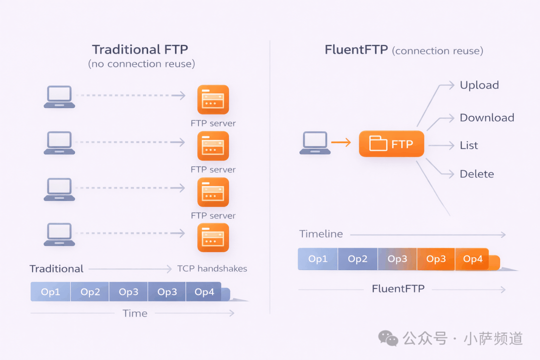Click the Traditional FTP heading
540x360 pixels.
(140, 49)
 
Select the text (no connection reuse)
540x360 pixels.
(141, 63)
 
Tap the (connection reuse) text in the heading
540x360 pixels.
(437, 51)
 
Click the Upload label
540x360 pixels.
(479, 85)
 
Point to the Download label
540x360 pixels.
(487, 117)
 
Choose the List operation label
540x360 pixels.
(468, 145)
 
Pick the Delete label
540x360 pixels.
(476, 174)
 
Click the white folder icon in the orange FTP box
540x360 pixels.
(378, 143)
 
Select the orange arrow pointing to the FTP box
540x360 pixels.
(341, 142)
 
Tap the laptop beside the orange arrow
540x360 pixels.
(315, 142)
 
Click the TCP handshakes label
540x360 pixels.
(212, 268)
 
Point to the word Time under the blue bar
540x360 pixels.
(135, 313)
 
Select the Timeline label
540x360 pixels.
(321, 234)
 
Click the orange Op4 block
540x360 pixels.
(472, 258)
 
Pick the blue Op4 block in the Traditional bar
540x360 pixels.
(204, 292)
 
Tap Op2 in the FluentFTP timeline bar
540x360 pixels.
(357, 258)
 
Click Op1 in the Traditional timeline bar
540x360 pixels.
(50, 292)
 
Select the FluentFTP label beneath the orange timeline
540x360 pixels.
(398, 288)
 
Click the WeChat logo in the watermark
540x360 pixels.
(388, 338)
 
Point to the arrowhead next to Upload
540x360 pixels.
(451, 84)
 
